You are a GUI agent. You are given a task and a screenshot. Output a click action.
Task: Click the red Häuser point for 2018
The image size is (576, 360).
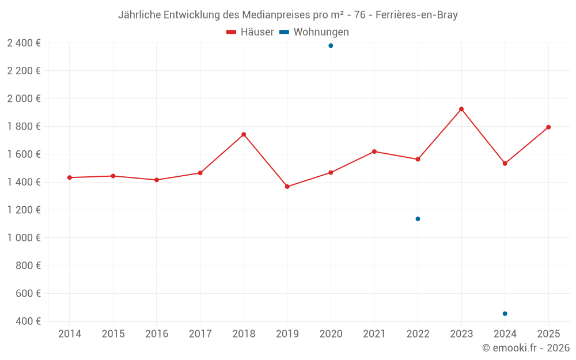244,135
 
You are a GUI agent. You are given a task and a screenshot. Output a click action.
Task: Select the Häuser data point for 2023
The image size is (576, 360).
461,109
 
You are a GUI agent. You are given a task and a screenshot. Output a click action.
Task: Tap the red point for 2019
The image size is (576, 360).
287,187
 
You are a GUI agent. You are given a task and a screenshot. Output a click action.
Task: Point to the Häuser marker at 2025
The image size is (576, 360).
548,127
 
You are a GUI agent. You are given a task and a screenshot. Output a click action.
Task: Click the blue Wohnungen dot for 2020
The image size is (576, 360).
331,46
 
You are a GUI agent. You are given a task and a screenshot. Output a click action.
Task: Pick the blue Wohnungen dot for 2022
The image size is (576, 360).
418,219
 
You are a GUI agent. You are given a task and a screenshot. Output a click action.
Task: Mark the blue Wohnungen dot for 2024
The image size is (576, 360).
505,313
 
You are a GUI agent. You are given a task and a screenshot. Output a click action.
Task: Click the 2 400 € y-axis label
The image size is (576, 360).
24,43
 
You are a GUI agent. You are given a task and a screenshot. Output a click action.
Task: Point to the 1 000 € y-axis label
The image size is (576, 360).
24,238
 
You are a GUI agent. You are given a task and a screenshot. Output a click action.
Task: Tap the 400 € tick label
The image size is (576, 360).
27,321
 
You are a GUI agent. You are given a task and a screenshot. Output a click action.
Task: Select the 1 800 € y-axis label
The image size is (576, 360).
24,127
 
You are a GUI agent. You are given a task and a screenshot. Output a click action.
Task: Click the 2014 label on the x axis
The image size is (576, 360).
70,334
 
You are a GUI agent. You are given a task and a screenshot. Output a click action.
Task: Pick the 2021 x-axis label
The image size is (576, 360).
374,334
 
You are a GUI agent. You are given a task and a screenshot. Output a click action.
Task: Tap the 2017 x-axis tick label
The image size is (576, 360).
200,334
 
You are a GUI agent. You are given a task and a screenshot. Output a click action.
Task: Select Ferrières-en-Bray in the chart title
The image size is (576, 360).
416,15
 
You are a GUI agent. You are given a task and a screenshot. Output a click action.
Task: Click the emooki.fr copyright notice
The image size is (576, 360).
526,348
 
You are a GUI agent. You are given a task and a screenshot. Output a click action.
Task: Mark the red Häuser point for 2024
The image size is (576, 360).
505,164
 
